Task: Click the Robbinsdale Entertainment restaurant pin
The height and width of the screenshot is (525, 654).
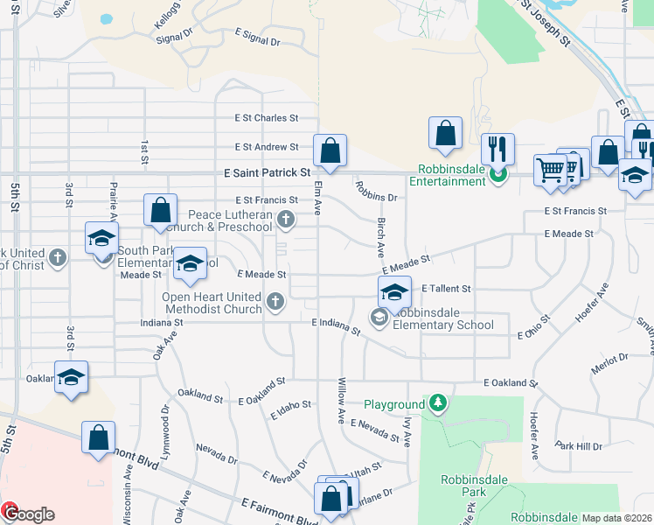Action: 497,175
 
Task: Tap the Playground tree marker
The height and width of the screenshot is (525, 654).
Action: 438,403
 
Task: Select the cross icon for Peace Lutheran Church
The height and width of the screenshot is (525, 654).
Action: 285,219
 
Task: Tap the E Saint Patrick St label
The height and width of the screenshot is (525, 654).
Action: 267,173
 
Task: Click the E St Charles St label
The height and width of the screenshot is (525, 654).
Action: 266,118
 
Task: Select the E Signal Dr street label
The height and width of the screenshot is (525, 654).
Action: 257,40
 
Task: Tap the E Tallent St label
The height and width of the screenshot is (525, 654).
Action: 446,288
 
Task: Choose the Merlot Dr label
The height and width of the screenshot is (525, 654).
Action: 609,363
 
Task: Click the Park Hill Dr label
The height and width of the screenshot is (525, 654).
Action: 578,445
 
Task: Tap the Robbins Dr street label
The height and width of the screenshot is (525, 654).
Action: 376,191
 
